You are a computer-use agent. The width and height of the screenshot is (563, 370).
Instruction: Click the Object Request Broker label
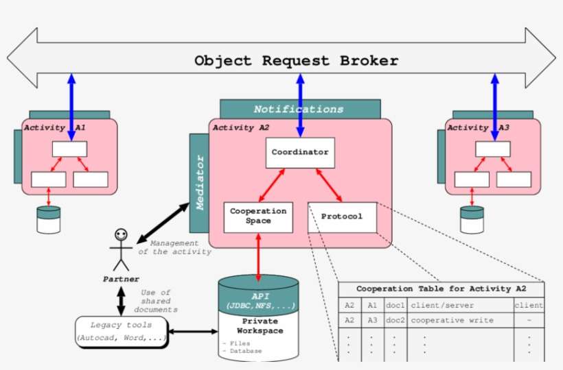(296, 60)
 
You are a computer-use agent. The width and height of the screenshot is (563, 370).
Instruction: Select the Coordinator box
(300, 152)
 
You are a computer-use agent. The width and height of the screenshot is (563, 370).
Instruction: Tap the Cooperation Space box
(259, 217)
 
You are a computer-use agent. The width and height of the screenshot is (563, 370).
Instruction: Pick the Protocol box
(342, 217)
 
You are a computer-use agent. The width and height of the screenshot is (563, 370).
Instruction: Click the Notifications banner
(299, 109)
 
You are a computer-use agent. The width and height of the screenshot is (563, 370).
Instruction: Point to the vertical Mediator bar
(199, 183)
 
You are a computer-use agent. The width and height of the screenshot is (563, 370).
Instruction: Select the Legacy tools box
(121, 331)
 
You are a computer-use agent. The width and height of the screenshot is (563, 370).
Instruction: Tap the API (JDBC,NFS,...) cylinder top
(258, 300)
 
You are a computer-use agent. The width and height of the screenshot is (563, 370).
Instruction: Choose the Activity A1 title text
(55, 127)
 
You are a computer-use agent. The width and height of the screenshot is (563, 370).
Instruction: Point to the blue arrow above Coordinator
(300, 103)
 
